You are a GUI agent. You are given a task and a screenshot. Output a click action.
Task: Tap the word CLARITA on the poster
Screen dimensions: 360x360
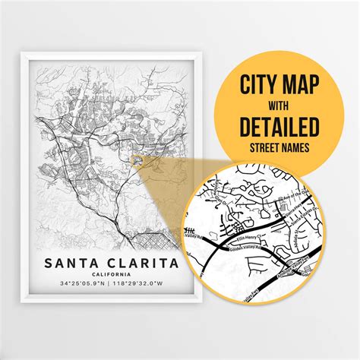coord(144,263)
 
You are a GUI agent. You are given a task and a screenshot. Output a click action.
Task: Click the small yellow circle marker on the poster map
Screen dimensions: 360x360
coord(136,159)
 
